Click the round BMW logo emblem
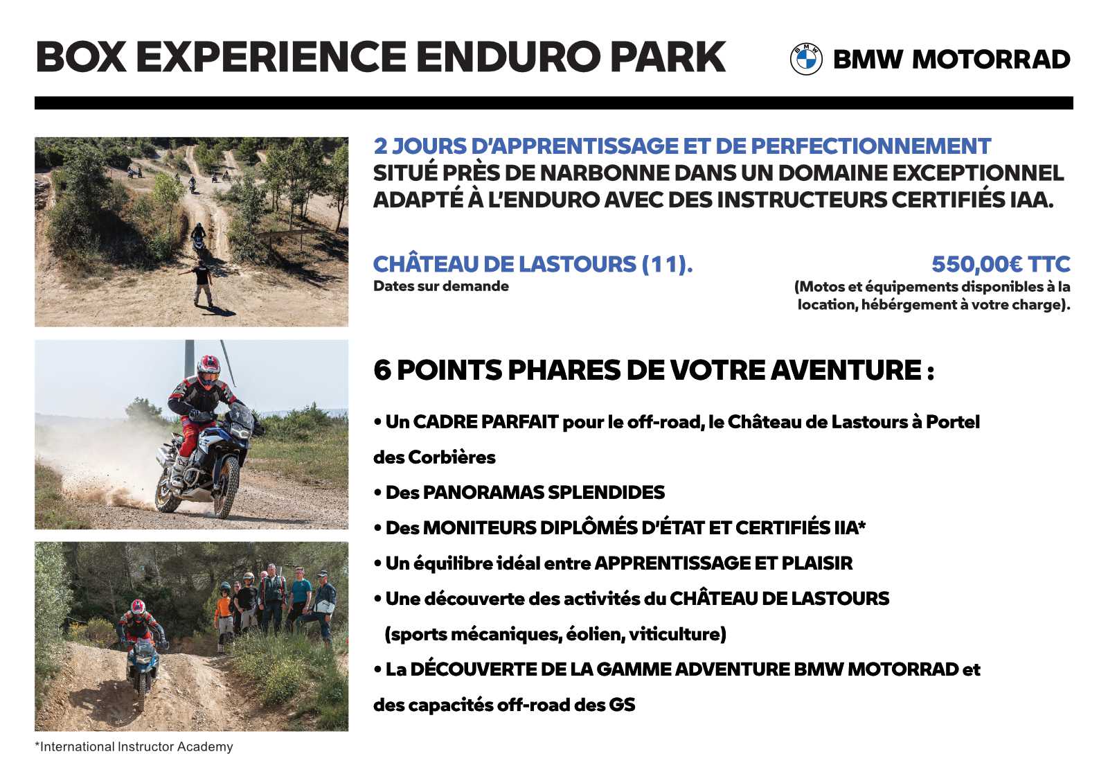click(806, 59)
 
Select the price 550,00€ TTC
click(1001, 264)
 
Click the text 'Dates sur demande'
click(440, 286)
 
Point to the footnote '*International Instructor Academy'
click(134, 746)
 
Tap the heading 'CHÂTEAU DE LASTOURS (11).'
click(533, 264)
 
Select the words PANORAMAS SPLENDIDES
click(544, 493)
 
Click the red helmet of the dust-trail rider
click(208, 370)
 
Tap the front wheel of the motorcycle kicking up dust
click(226, 487)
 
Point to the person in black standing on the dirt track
click(202, 286)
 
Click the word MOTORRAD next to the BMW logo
click(991, 60)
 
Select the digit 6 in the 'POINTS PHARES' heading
click(382, 370)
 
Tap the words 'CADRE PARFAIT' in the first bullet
click(485, 421)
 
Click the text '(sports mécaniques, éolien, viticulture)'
click(555, 634)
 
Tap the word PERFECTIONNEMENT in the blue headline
click(870, 146)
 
